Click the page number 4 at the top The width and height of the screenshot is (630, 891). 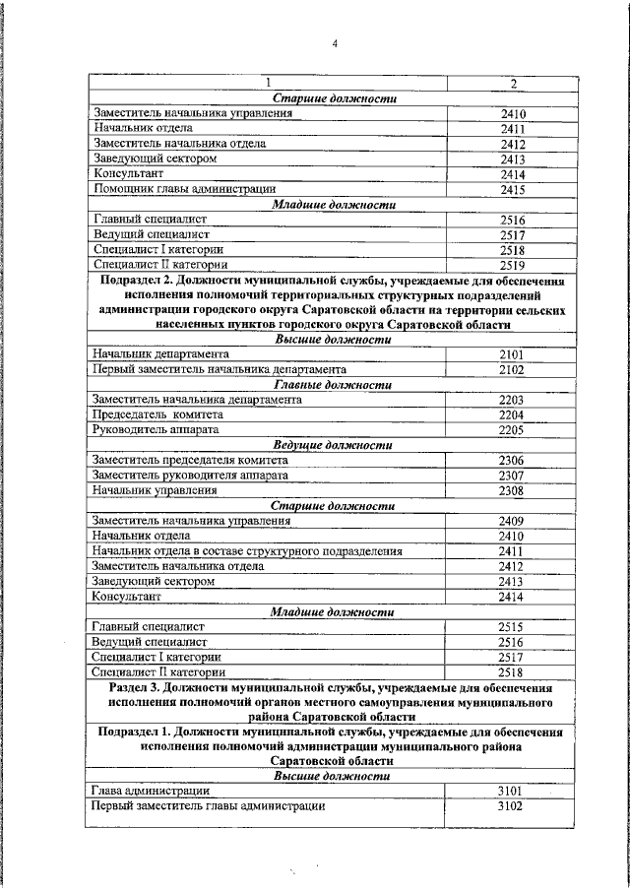coord(335,43)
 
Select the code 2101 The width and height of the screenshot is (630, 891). coord(510,353)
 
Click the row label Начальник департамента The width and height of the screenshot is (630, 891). coord(160,352)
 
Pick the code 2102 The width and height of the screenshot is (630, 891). coord(510,369)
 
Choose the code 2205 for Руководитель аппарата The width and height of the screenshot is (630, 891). coord(510,430)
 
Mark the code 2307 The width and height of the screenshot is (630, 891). coord(510,476)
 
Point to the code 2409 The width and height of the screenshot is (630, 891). coord(510,521)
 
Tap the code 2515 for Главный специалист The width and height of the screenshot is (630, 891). coord(510,627)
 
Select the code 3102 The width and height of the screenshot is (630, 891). coord(510,806)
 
